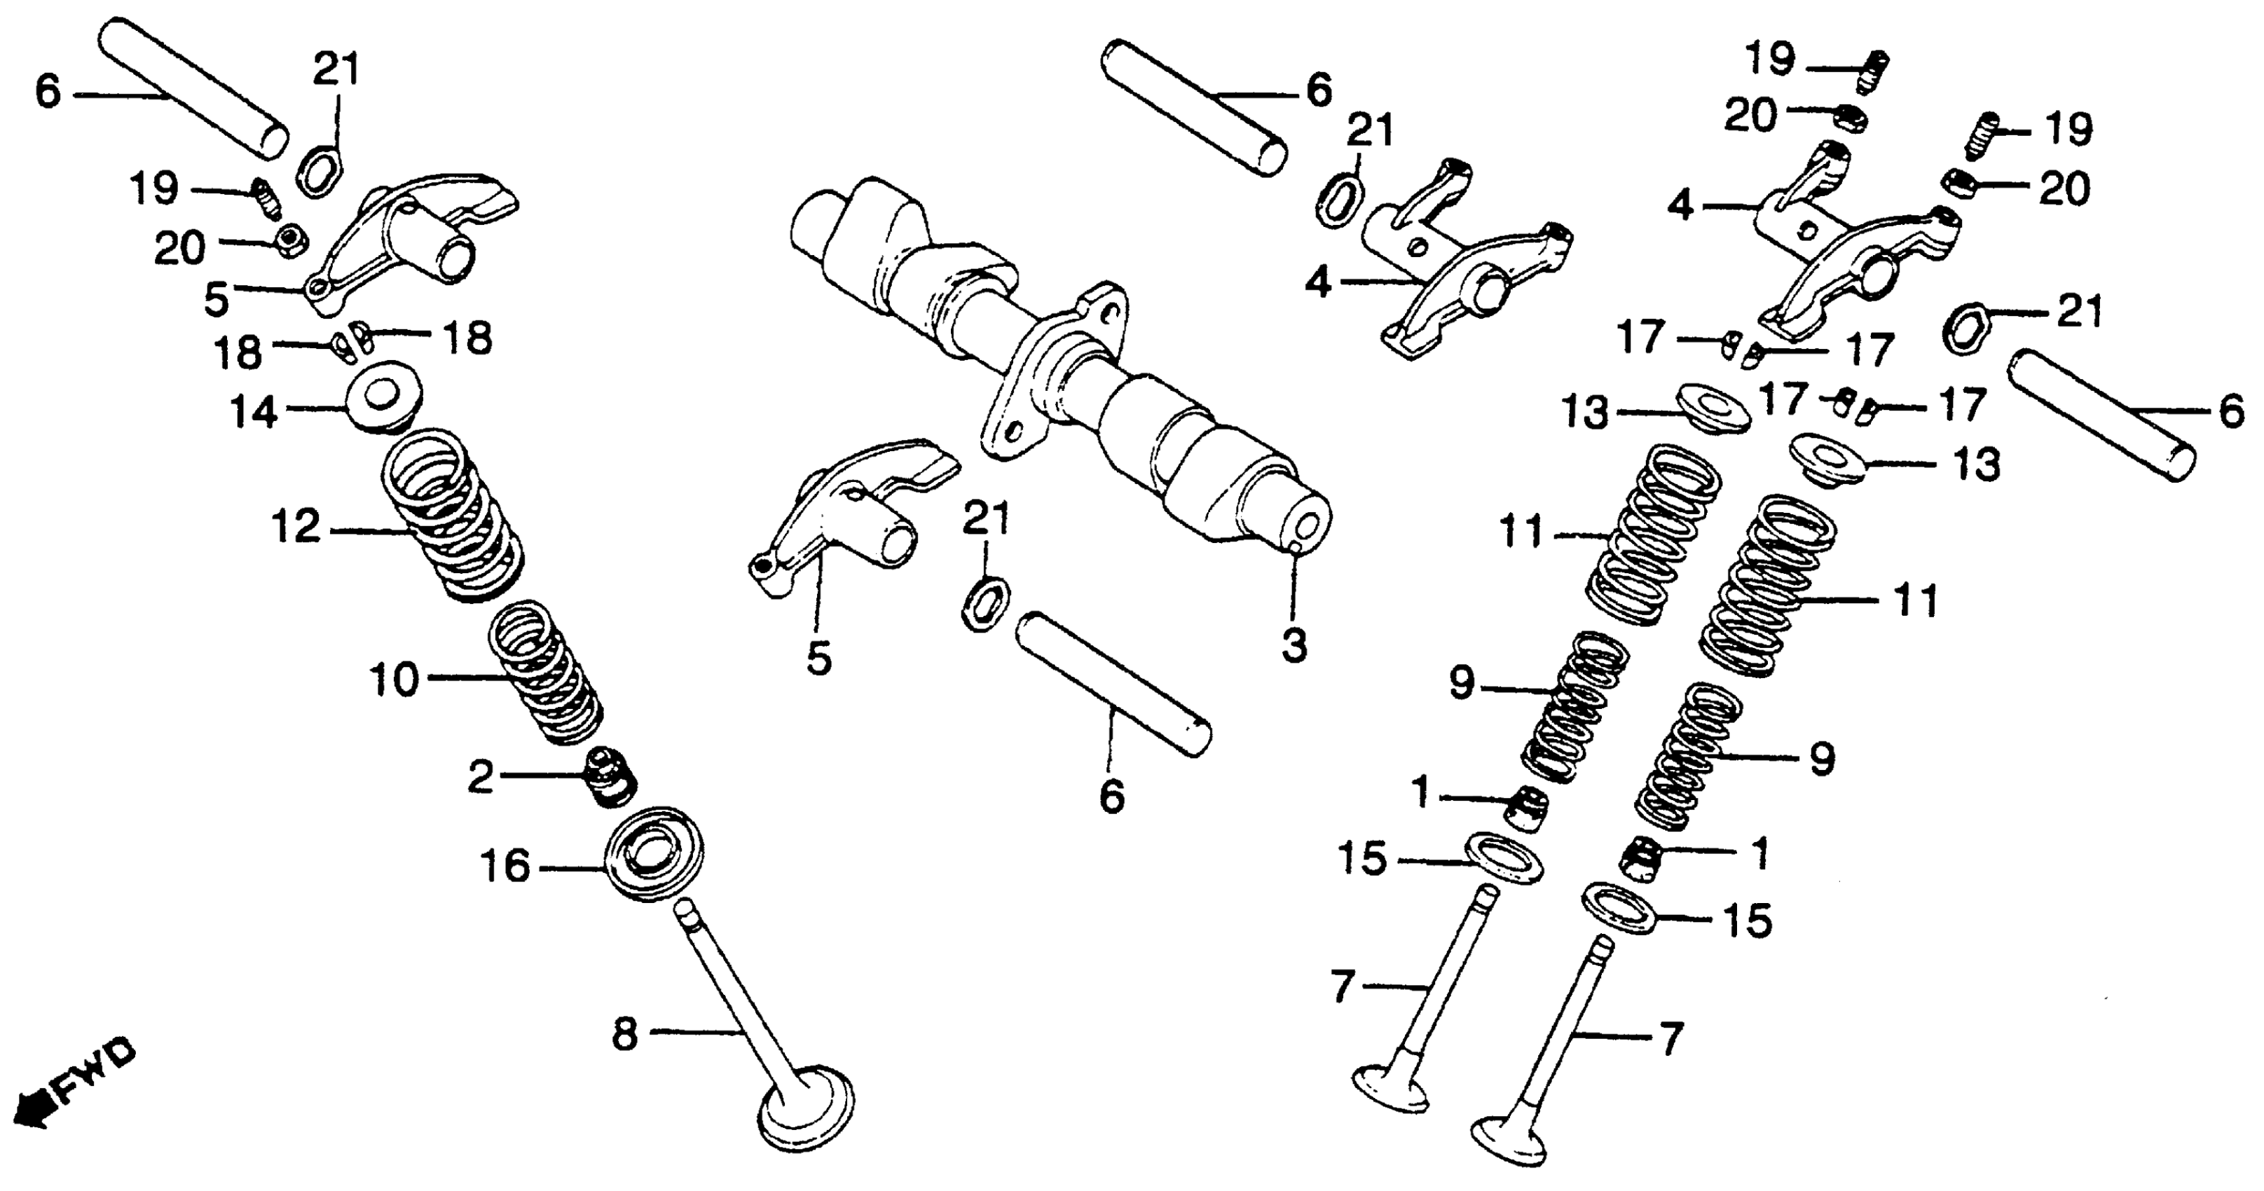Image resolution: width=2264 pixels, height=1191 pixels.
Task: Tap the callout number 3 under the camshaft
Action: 1294,645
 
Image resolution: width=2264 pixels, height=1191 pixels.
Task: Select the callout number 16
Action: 505,867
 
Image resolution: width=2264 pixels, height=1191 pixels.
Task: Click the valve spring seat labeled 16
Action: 654,853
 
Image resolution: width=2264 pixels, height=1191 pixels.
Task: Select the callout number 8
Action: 624,1035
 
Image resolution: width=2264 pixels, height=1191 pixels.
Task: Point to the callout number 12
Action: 296,528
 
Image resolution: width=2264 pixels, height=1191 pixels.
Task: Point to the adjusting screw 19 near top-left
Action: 265,200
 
